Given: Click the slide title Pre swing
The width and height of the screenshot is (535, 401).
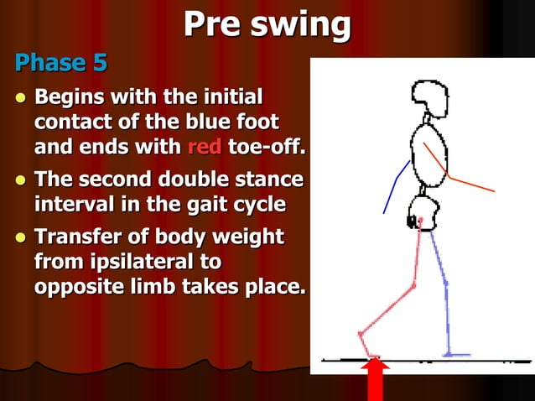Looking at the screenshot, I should [267, 25].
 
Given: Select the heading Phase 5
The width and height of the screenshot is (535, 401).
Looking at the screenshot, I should [60, 63].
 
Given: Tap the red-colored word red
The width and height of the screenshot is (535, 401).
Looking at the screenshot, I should [204, 148].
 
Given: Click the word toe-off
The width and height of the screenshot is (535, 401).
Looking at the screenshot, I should [267, 148].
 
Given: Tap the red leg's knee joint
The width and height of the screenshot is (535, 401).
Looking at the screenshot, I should [413, 288].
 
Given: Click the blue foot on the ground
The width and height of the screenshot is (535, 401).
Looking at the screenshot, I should [457, 354].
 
